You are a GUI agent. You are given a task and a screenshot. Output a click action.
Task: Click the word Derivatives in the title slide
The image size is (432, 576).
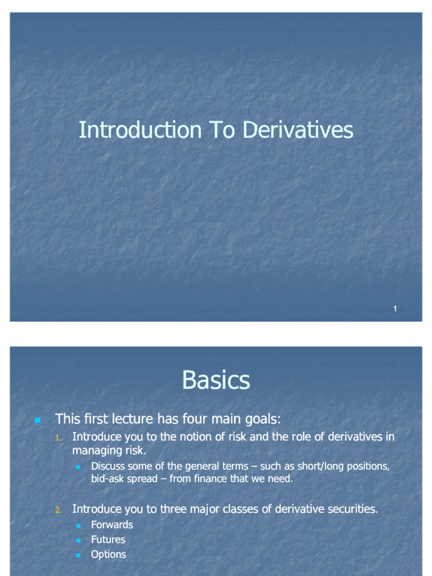298,130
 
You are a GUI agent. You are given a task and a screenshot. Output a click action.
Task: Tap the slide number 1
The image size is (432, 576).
395,308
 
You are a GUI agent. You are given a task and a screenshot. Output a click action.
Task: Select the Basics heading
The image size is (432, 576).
216,381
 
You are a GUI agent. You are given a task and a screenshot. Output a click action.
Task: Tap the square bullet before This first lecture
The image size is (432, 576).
38,420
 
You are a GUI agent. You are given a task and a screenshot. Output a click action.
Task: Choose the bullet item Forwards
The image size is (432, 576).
112,525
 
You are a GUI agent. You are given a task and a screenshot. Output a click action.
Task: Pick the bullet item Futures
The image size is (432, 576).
108,539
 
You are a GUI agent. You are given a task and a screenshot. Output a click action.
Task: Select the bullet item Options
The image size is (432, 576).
109,554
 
